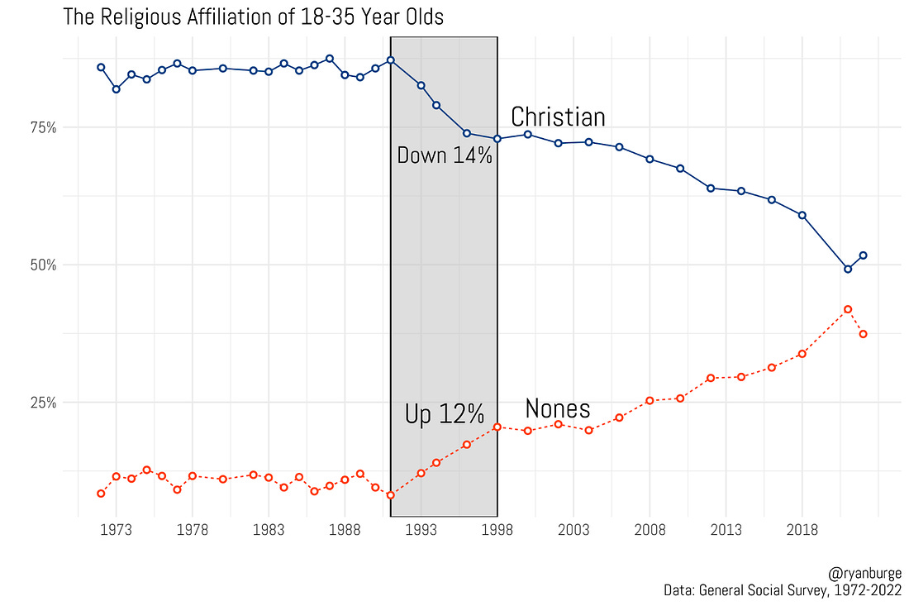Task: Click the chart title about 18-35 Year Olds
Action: click(253, 17)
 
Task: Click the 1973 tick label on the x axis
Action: click(116, 529)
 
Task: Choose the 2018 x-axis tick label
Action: click(802, 529)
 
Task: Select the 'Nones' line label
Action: click(558, 408)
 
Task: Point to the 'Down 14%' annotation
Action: click(445, 155)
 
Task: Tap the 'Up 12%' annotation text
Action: click(445, 415)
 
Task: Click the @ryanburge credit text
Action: click(863, 573)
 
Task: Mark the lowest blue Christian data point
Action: click(848, 269)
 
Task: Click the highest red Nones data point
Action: click(848, 309)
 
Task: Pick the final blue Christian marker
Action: click(863, 255)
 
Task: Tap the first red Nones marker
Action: click(101, 494)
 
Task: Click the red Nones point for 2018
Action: click(802, 354)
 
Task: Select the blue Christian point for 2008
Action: click(650, 159)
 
